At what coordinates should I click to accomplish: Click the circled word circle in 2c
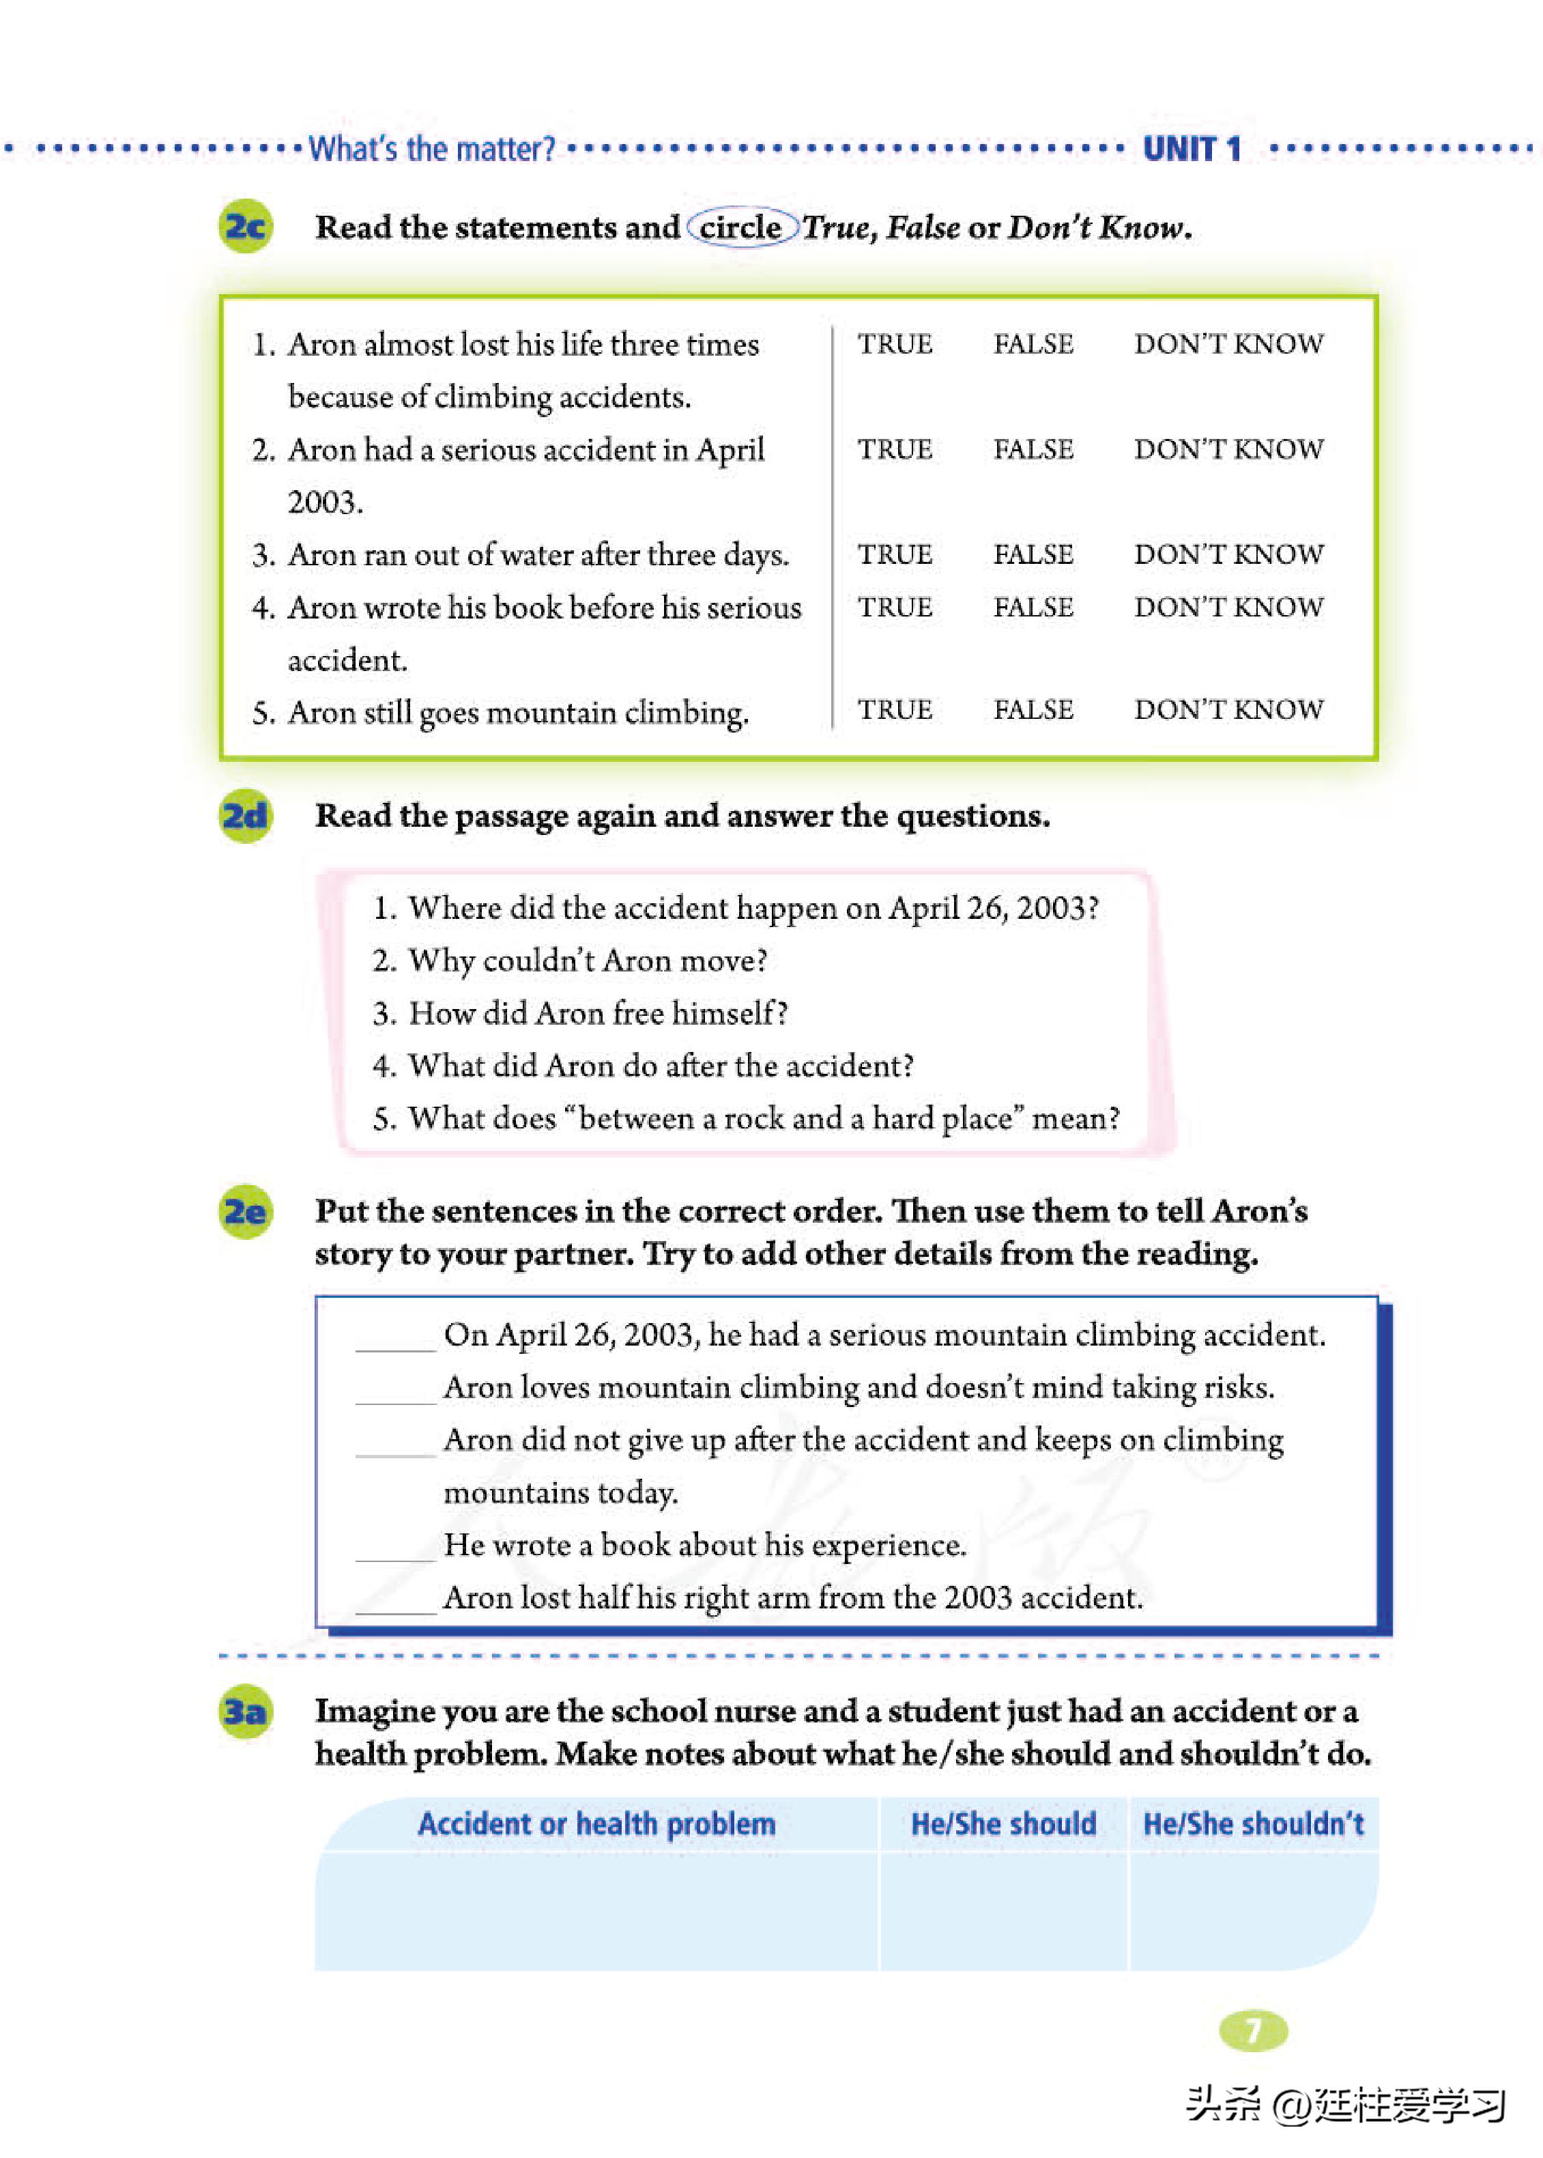(741, 228)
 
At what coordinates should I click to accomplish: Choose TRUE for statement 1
(895, 344)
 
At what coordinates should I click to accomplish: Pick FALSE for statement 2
(1033, 449)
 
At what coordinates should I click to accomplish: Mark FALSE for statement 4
(1033, 607)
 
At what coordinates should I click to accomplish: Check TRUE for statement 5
(895, 710)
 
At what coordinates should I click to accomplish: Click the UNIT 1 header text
(1192, 150)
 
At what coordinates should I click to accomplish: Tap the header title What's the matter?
(432, 150)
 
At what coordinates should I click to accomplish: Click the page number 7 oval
(1253, 2030)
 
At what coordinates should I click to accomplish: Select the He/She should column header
(1003, 1823)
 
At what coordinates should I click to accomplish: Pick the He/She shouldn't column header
(1253, 1823)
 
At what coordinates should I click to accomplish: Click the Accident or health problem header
(596, 1823)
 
